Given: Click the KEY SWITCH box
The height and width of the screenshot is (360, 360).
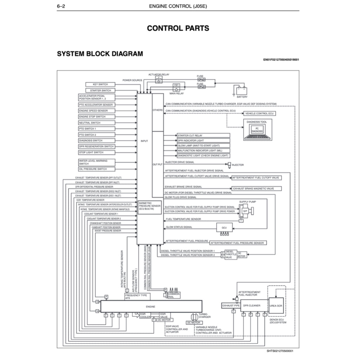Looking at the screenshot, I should [100, 84].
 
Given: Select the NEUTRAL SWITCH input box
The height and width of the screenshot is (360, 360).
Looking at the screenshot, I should [96, 123].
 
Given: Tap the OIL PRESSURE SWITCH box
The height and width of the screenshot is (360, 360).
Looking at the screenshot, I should [96, 169].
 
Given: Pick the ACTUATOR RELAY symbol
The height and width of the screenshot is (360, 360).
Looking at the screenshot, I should [159, 80].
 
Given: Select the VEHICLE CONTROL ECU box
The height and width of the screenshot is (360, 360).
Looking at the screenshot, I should [259, 114].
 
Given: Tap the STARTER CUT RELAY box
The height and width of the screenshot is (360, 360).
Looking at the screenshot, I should [204, 135].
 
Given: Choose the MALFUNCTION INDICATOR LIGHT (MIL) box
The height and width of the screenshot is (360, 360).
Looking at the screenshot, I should [204, 150].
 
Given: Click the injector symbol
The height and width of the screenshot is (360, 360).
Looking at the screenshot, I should [229, 165].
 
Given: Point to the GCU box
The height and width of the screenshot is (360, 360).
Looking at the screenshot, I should [224, 227].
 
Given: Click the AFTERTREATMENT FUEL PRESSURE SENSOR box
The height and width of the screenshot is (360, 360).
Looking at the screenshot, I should [238, 243].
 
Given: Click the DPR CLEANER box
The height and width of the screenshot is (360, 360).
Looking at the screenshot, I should [252, 306].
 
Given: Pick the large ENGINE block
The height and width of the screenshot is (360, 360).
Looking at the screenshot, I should [151, 306].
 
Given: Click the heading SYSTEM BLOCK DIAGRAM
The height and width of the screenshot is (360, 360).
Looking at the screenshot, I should [100, 54].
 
